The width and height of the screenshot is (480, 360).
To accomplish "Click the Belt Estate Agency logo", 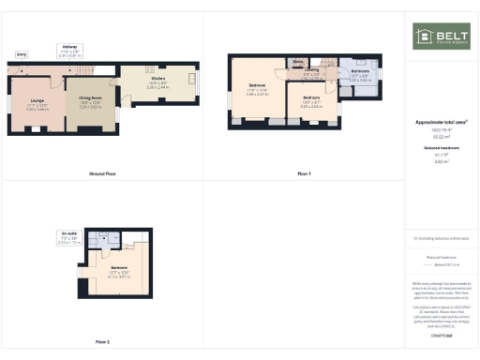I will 441,37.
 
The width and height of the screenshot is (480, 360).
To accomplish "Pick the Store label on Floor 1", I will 297,62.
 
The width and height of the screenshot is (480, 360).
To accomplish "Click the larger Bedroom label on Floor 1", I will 257,89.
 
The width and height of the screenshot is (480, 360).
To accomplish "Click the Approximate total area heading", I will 441,123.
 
